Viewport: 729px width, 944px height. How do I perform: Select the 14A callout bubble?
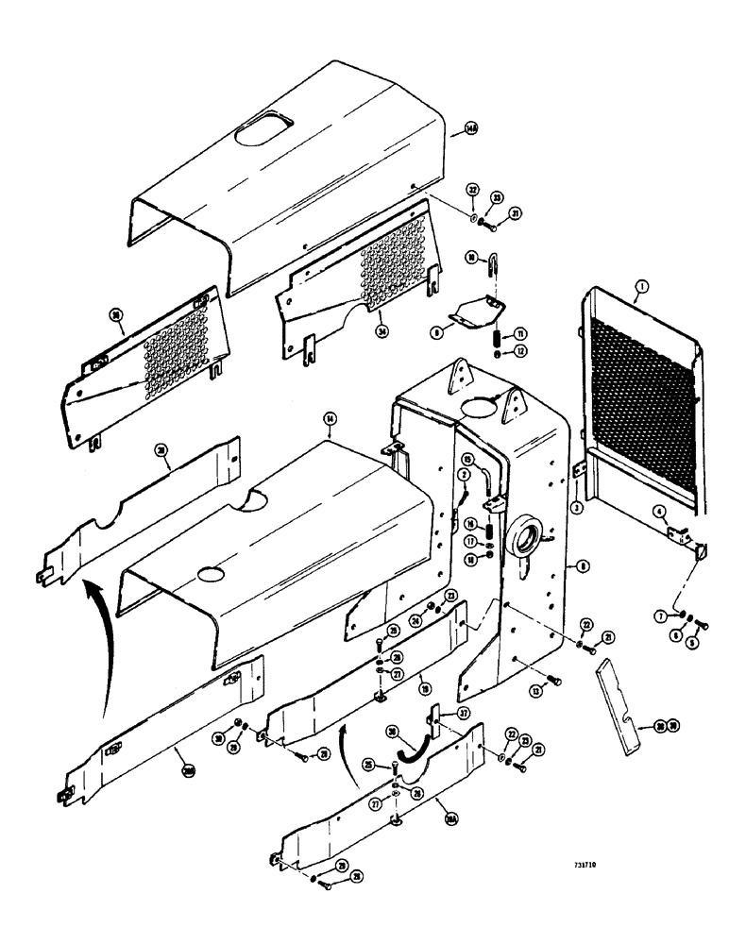[x=471, y=130]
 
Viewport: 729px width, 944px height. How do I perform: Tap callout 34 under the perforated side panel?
[x=381, y=330]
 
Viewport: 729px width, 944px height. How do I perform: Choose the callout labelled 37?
[x=465, y=713]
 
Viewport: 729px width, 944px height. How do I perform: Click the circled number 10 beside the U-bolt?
[x=471, y=257]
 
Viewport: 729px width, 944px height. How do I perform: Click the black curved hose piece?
[x=413, y=747]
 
